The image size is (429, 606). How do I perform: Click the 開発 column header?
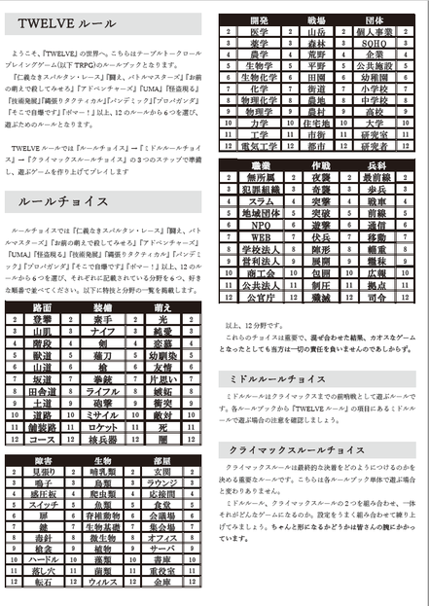[x=259, y=18]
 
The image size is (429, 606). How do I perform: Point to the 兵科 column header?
[x=376, y=165]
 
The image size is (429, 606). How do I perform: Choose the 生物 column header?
[x=104, y=459]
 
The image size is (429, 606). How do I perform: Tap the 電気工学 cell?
[x=259, y=147]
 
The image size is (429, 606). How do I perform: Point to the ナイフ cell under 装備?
[x=104, y=332]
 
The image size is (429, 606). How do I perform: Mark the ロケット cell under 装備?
[x=104, y=426]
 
